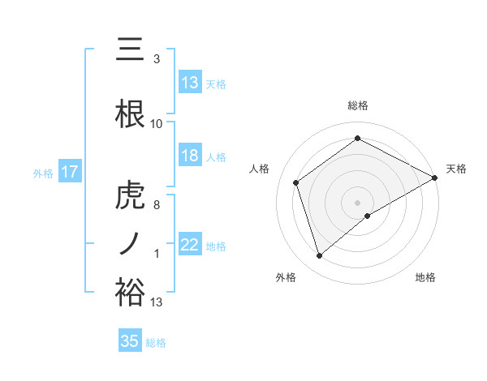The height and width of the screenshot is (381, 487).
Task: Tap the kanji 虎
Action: [x=130, y=197]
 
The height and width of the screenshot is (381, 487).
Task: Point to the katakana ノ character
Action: [x=130, y=244]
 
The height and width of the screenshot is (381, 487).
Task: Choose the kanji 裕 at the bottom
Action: [x=130, y=292]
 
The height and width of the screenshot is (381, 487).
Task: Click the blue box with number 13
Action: [x=190, y=83]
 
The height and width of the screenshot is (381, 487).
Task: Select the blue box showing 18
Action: [x=190, y=156]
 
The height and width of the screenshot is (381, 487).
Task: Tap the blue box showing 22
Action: [x=190, y=245]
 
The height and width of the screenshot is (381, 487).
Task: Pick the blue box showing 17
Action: [x=69, y=172]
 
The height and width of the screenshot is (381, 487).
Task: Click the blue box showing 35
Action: [x=130, y=341]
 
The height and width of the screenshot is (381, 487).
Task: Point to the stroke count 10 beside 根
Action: [x=157, y=124]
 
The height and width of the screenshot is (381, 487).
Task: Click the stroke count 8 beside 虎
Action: [x=157, y=205]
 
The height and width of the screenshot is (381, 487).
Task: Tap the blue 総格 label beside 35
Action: [x=156, y=343]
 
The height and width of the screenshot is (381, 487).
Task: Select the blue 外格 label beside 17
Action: [x=43, y=173]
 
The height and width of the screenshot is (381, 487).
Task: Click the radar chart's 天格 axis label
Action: [x=456, y=169]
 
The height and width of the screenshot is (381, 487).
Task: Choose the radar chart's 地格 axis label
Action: [x=425, y=277]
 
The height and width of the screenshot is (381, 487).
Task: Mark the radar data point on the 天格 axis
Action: [x=435, y=177]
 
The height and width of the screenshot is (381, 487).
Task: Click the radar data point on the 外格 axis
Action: [x=320, y=256]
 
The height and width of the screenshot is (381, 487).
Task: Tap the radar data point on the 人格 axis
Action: [x=296, y=182]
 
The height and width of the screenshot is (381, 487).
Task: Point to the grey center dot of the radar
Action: [x=357, y=202]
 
